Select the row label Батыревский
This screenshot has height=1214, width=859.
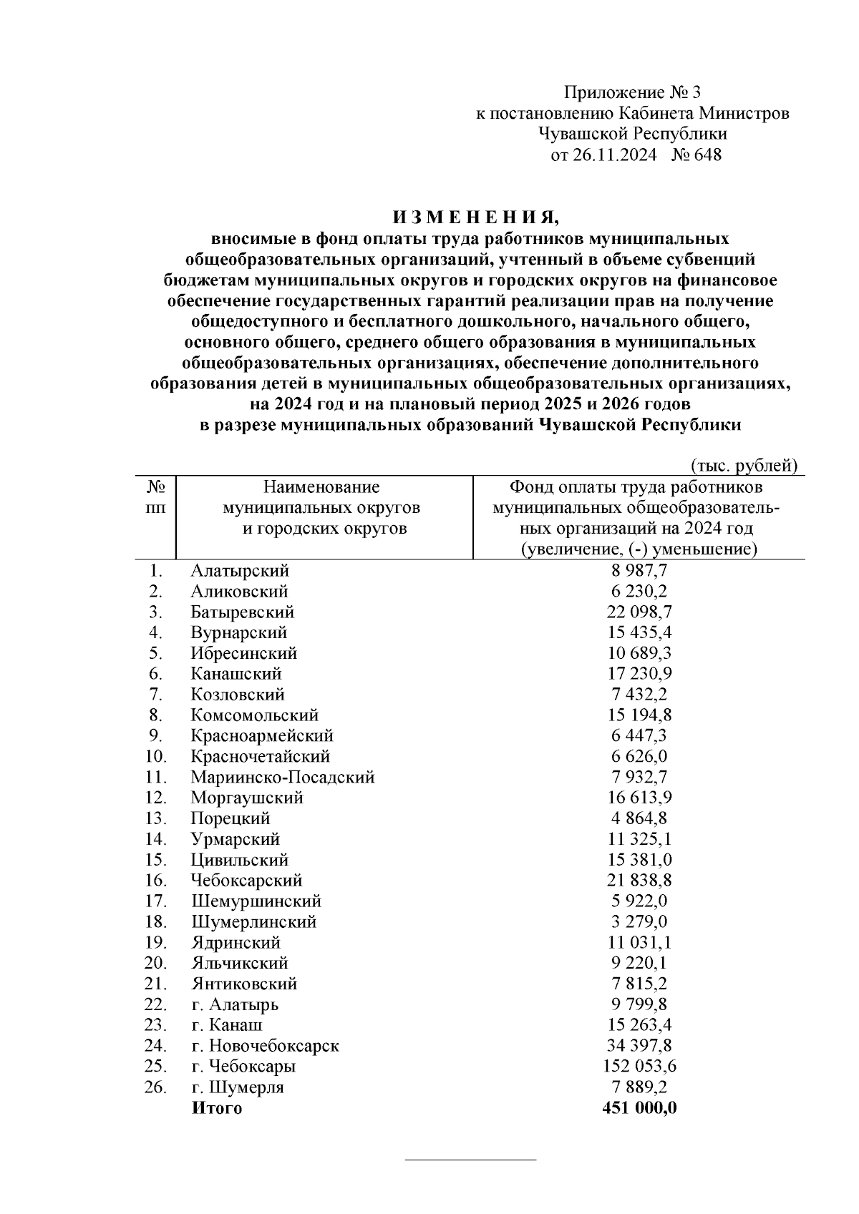[242, 612]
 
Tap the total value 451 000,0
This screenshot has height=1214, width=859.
[639, 1108]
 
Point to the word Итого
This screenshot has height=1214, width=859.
[216, 1108]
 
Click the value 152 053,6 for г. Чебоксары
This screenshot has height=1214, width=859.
[639, 1067]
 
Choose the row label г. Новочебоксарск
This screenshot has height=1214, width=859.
[265, 1046]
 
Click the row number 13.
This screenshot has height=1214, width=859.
[155, 818]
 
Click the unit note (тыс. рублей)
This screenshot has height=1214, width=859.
[744, 466]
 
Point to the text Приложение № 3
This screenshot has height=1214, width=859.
[634, 92]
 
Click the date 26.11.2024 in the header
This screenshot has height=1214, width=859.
[613, 155]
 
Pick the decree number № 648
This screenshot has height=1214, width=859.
[697, 155]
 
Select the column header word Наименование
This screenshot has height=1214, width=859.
[321, 488]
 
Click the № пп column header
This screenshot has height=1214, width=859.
[156, 498]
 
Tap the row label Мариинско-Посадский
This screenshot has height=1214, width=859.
[282, 777]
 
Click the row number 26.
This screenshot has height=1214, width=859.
[155, 1087]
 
